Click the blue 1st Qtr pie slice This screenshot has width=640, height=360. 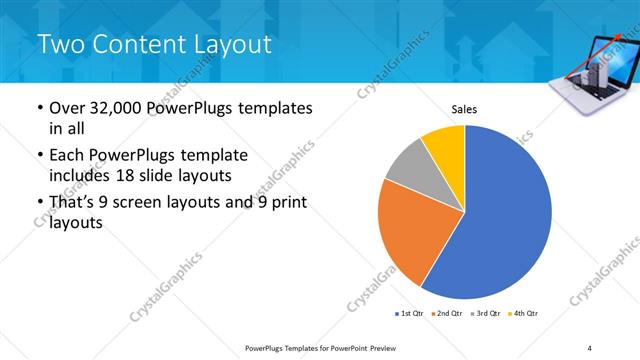(505, 215)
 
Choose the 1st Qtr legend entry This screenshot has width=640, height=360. (411, 313)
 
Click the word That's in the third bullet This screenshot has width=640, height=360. (76, 203)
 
